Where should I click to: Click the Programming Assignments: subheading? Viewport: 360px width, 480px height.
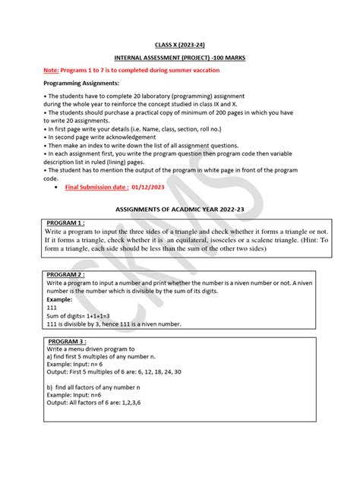[81, 83]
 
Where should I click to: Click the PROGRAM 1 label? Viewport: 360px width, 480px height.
[66, 223]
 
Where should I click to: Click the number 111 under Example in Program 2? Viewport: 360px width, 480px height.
[52, 308]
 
